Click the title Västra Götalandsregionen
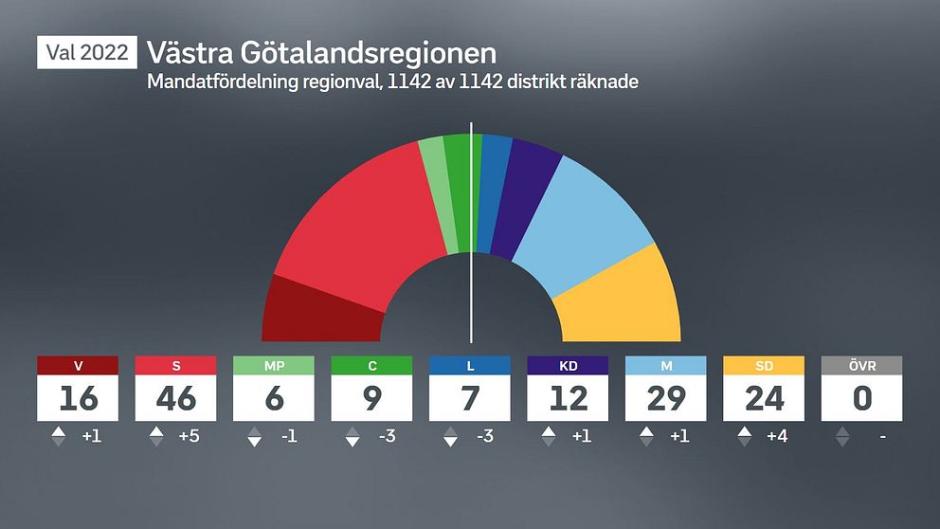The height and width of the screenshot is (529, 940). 321,52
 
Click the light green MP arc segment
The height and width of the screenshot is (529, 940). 435,194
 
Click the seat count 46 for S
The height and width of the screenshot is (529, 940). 176,399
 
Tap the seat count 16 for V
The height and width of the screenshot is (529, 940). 78,399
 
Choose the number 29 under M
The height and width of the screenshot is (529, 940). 665,399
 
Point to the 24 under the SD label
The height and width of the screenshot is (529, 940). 764,399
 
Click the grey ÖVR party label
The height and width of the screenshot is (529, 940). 861,366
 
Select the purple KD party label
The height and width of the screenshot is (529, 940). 568,366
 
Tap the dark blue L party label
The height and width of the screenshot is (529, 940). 469,366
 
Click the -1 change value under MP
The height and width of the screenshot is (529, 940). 288,437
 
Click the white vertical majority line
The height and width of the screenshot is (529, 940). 471,237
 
